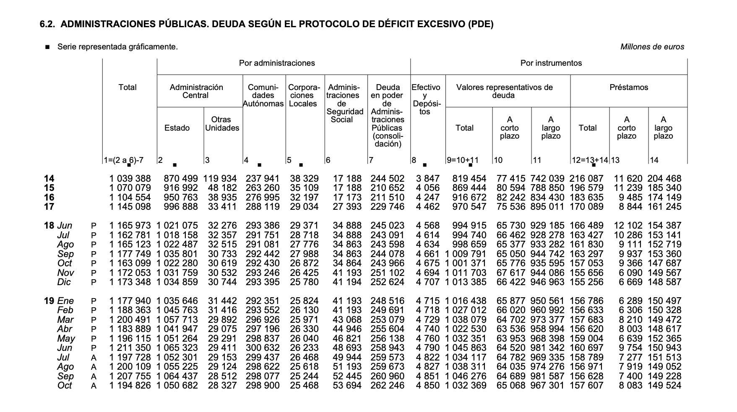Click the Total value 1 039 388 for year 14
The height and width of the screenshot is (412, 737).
130,179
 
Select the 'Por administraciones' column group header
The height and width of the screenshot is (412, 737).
277,63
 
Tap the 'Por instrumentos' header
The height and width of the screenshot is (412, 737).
551,63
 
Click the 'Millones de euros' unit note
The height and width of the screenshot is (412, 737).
652,47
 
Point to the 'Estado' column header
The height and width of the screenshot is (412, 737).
177,128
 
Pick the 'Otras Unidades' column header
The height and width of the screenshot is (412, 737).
222,124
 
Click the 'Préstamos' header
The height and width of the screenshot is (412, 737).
628,88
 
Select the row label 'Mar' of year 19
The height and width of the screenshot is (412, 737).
65,320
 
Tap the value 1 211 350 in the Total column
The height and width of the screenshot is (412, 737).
130,348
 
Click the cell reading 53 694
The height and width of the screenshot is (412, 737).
347,386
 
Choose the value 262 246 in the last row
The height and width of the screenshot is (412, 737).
387,386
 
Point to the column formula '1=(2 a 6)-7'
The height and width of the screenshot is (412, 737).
124,160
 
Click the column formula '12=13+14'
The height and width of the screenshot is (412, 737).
590,160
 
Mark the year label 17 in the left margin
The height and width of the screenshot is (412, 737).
49,207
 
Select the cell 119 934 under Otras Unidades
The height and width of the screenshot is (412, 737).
220,179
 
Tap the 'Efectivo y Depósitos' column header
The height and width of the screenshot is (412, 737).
425,99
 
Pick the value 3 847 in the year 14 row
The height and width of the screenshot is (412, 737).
428,179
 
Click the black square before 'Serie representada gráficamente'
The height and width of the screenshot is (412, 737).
47,47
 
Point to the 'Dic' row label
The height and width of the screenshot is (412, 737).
64,282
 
